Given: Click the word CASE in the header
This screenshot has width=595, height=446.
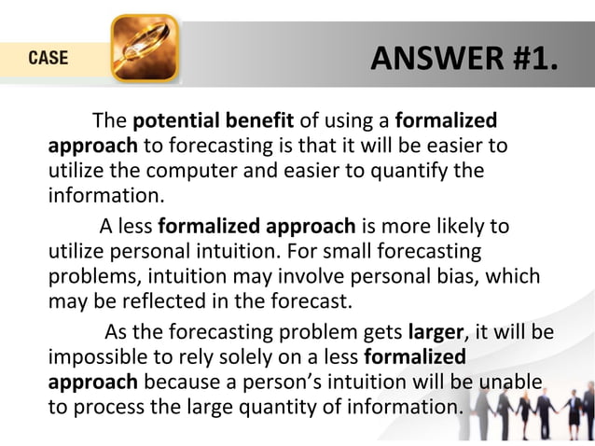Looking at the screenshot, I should point(47,58).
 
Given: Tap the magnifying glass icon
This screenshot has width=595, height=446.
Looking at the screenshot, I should point(145,49).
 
